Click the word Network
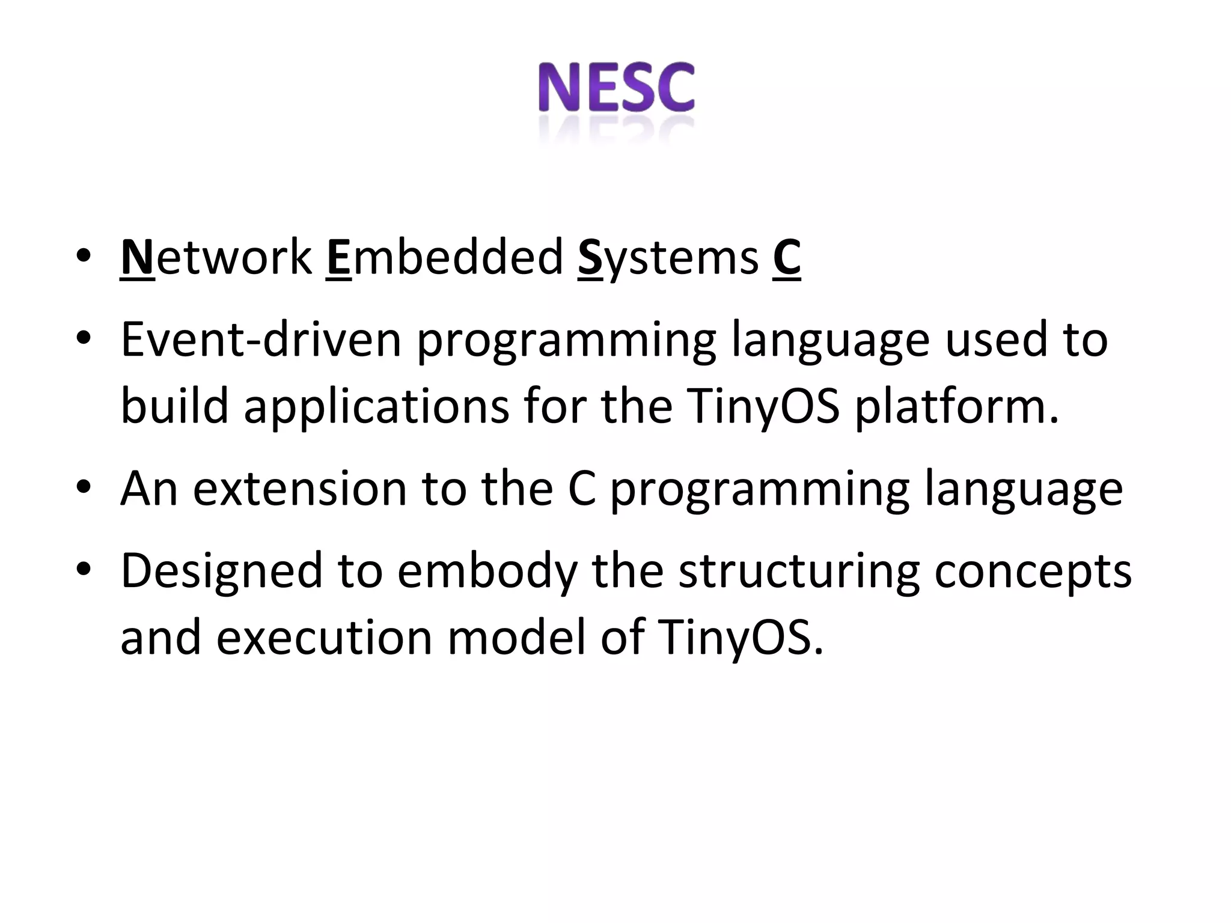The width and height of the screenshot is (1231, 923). click(x=216, y=258)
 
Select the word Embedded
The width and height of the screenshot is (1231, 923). click(x=445, y=258)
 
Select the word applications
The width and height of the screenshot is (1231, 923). click(x=376, y=407)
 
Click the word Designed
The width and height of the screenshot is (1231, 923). click(x=222, y=571)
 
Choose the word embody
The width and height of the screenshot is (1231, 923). click(x=487, y=571)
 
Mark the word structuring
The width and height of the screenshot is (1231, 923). click(x=799, y=571)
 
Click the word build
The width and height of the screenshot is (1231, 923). click(x=175, y=407)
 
